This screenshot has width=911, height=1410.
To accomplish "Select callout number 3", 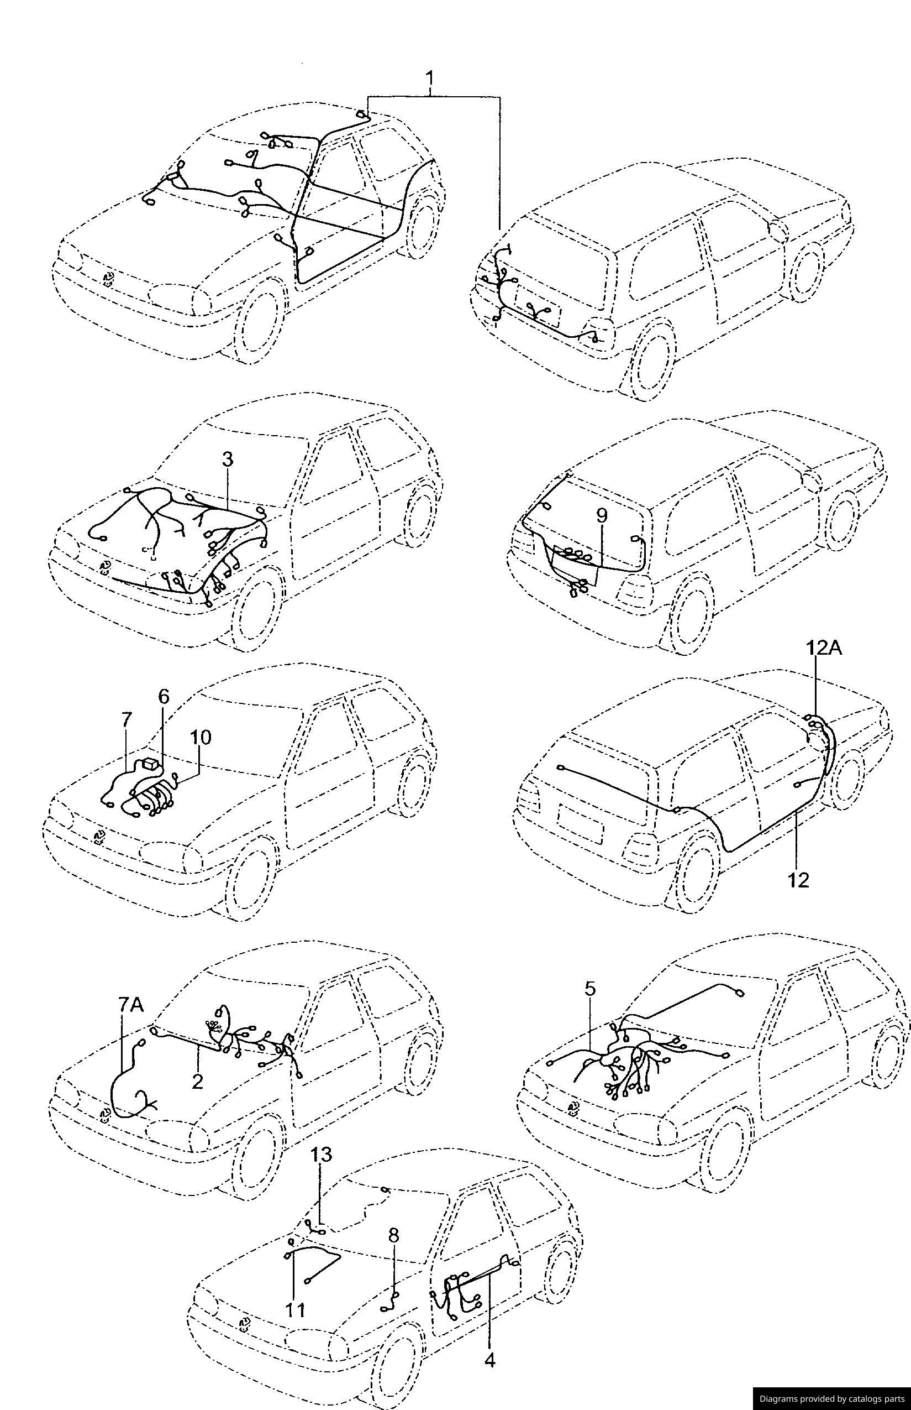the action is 228,459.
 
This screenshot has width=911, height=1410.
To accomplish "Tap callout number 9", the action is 601,515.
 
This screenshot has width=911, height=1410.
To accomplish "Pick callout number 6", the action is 164,696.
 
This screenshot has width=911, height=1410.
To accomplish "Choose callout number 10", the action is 201,737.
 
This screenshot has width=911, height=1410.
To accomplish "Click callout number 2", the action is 198,1081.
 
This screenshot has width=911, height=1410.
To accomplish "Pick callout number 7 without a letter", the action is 126,720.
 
